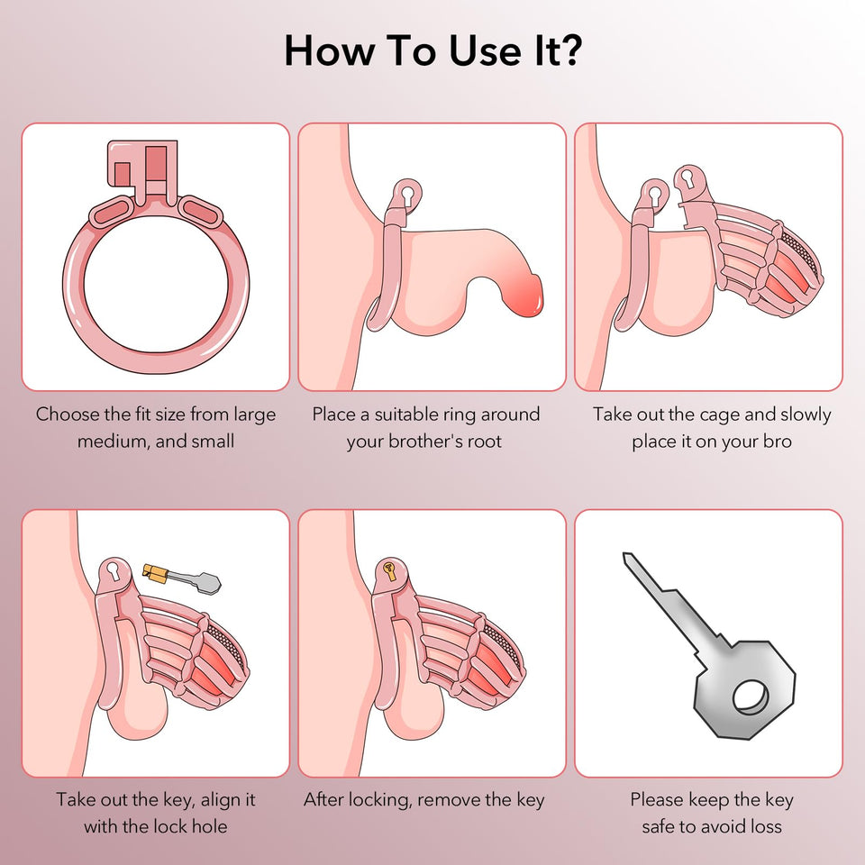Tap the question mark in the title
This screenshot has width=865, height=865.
568,50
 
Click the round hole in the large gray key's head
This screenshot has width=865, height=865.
750,697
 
